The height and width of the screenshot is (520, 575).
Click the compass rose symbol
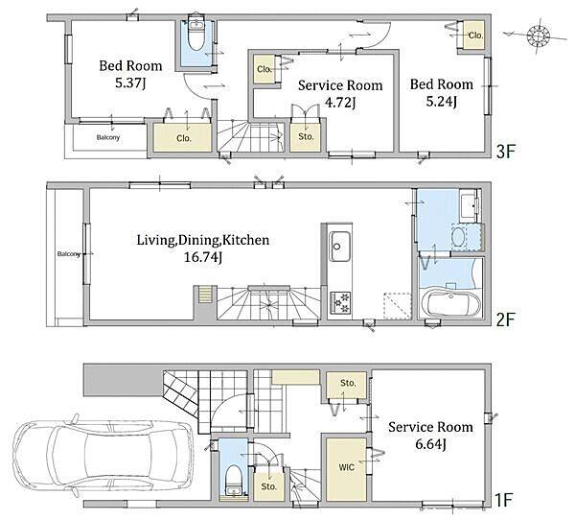(539, 35)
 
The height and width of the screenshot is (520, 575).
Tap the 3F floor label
(506, 151)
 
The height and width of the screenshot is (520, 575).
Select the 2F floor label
(506, 319)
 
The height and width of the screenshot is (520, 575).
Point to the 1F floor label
(503, 500)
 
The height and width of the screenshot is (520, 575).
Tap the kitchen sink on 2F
(339, 247)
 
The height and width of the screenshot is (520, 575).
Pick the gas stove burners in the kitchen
(340, 302)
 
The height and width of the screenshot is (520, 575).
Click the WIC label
(346, 467)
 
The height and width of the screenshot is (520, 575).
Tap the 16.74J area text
(203, 257)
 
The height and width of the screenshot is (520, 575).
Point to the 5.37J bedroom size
(130, 83)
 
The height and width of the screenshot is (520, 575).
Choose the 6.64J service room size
(430, 444)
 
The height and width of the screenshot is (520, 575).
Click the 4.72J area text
(340, 103)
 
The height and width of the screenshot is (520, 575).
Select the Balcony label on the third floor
(107, 137)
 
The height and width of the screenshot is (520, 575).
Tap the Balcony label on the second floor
(69, 253)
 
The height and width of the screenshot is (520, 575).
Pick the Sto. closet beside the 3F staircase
(306, 137)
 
